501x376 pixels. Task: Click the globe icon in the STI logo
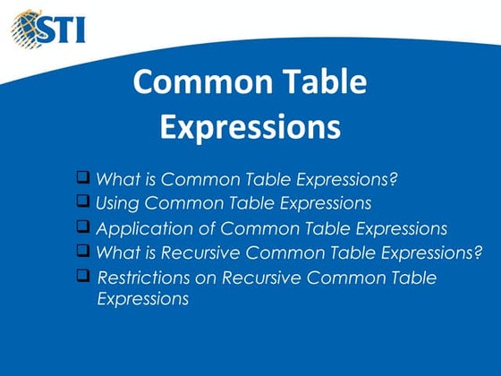pyautogui.click(x=28, y=26)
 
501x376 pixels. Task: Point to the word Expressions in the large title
pyautogui.click(x=250, y=126)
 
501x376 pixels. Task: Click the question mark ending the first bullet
pyautogui.click(x=393, y=179)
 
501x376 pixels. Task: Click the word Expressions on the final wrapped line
pyautogui.click(x=143, y=300)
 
